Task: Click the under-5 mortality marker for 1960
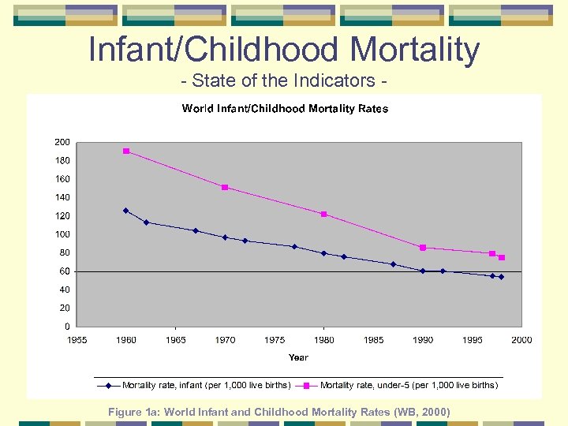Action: point(126,151)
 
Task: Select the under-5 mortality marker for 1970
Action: point(225,187)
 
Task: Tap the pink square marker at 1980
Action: point(323,214)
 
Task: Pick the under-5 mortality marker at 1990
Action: point(423,248)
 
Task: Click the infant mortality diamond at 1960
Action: point(126,211)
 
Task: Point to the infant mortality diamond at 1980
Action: point(323,253)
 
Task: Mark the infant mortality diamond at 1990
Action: point(423,271)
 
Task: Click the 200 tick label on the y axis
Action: point(62,142)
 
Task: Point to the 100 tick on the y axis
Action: point(62,234)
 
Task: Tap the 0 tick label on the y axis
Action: point(66,327)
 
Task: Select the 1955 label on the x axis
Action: point(77,340)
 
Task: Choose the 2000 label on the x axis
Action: point(521,340)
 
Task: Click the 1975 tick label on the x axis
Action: point(275,340)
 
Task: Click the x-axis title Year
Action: point(298,357)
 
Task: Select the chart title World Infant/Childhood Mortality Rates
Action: point(285,109)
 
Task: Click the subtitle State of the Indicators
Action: point(283,80)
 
